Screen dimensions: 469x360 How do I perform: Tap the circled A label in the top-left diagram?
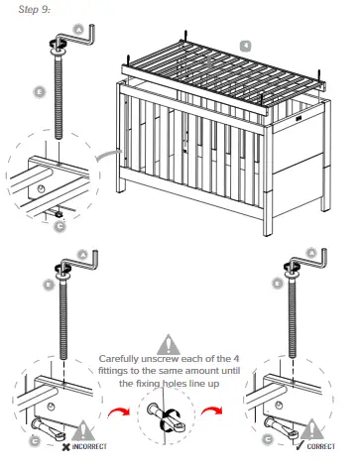pyautogui.click(x=78, y=30)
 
